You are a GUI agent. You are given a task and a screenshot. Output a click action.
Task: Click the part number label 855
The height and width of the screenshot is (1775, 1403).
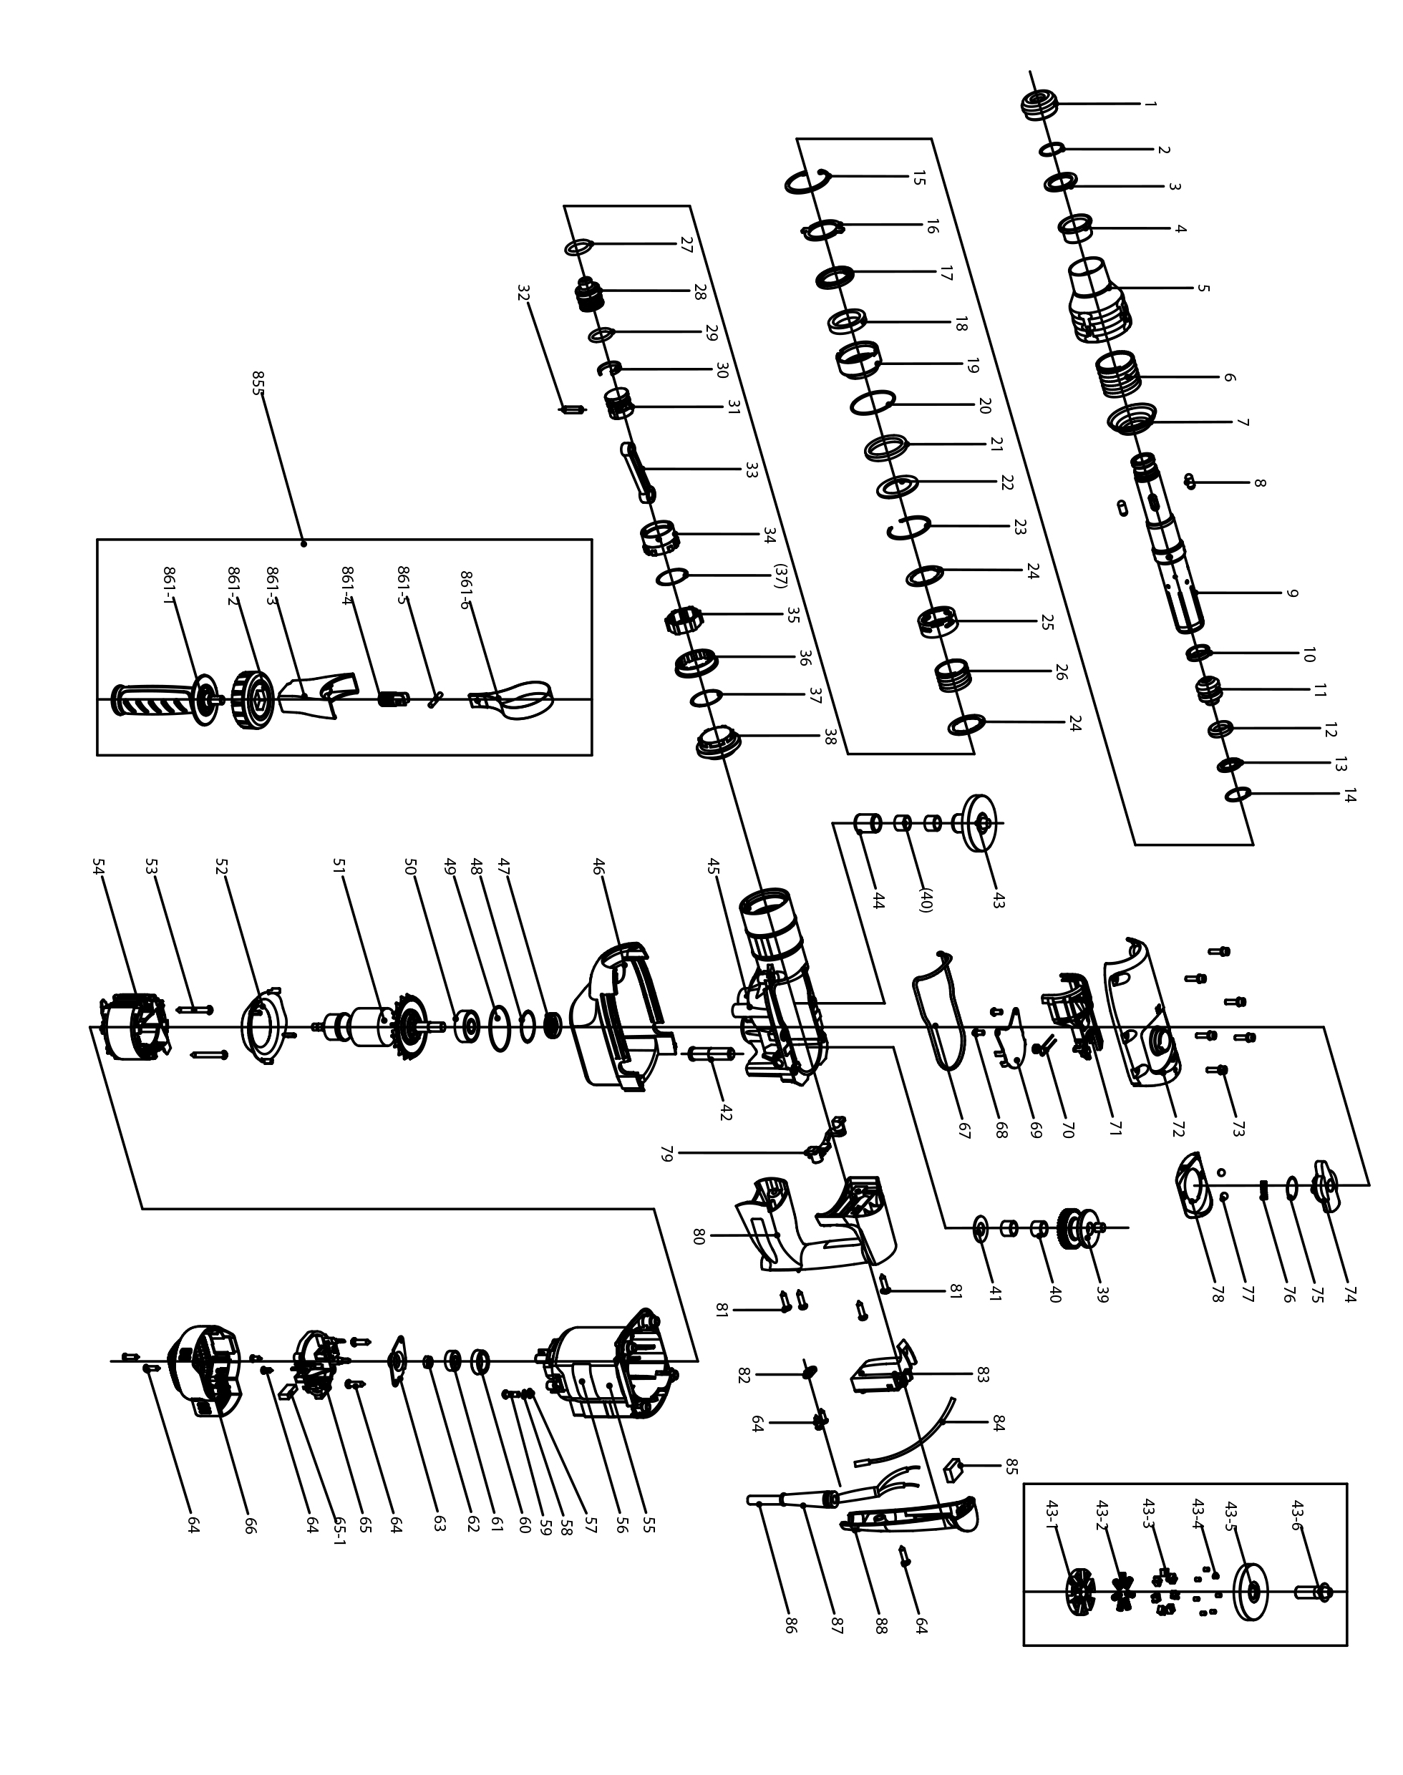[257, 383]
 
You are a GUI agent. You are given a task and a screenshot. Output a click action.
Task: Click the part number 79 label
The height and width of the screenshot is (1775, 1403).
[666, 1153]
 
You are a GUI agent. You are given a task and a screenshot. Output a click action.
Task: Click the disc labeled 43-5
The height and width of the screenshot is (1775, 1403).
[1251, 1592]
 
